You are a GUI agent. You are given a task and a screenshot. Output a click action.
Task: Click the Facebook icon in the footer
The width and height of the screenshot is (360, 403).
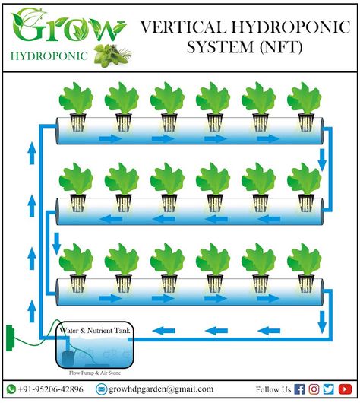pyautogui.click(x=299, y=389)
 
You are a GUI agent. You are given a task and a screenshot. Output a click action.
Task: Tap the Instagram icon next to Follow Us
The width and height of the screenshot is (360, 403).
pyautogui.click(x=314, y=389)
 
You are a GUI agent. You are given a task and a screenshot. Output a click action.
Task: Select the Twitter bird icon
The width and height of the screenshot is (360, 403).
pyautogui.click(x=329, y=389)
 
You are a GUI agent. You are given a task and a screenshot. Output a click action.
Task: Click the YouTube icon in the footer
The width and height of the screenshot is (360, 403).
pyautogui.click(x=345, y=389)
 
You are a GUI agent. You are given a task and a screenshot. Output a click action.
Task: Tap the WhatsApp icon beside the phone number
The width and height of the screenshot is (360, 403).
pyautogui.click(x=11, y=389)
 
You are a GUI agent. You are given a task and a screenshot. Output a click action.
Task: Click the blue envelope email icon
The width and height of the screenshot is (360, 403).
pyautogui.click(x=102, y=389)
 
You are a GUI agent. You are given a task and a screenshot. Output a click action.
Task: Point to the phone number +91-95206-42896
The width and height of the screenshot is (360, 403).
pyautogui.click(x=50, y=389)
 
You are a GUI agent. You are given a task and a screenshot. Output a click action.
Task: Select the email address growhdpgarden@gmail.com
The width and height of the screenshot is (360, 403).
pyautogui.click(x=161, y=389)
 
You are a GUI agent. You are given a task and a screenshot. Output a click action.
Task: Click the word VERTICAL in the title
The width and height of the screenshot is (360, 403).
pyautogui.click(x=183, y=27)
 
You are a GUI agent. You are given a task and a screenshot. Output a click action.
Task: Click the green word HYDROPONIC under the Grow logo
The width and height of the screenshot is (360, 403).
pyautogui.click(x=49, y=56)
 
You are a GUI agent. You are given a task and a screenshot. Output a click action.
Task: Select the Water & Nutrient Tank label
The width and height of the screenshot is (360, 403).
pyautogui.click(x=95, y=330)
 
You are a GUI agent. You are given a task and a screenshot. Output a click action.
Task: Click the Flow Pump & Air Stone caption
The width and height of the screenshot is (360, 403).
pyautogui.click(x=95, y=373)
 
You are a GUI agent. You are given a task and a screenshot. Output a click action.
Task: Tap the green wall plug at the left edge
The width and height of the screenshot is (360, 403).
pyautogui.click(x=9, y=338)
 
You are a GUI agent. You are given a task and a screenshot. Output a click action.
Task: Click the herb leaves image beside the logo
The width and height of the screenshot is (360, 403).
pyautogui.click(x=112, y=56)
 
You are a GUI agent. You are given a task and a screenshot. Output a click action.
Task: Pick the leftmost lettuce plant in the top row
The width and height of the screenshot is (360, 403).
pyautogui.click(x=76, y=106)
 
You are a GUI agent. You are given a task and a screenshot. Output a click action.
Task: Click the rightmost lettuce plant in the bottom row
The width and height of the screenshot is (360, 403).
pyautogui.click(x=305, y=268)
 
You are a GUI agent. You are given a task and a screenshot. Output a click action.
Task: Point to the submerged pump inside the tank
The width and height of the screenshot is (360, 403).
pyautogui.click(x=68, y=358)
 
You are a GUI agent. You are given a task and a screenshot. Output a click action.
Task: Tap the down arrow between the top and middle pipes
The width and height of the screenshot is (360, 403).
pyautogui.click(x=322, y=160)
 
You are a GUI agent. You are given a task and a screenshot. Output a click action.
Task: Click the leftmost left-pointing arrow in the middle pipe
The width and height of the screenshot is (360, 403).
pyautogui.click(x=110, y=219)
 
